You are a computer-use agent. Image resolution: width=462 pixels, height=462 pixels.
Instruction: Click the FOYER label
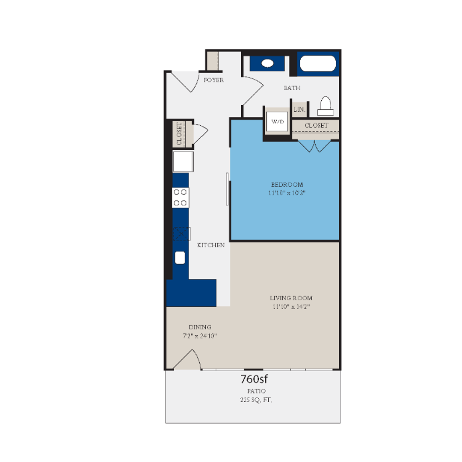point(213,80)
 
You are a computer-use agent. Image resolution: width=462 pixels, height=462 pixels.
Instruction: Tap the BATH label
point(292,88)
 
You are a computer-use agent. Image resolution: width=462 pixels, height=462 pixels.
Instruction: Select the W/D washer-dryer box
point(277,122)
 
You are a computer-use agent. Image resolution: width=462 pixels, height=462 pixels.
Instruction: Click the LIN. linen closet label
point(299,110)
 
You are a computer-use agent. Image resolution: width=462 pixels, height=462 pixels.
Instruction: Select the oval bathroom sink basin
point(268,63)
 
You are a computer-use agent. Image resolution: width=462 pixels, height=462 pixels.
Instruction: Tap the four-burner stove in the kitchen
point(181,198)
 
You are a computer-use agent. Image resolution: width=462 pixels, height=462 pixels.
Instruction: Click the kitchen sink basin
point(180,258)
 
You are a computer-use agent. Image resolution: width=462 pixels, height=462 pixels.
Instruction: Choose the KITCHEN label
point(210,246)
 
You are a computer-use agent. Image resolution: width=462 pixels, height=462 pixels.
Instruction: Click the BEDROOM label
point(287,184)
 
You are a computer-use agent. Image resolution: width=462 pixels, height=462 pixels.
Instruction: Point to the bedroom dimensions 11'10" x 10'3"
point(287,193)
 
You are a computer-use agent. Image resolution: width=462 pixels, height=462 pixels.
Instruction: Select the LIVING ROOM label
point(291,298)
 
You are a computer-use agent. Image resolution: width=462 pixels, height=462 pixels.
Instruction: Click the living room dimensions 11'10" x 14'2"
point(291,306)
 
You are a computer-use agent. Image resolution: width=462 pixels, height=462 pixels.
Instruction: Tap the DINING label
point(200,327)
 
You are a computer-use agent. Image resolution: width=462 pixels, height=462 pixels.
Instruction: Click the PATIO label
point(256,391)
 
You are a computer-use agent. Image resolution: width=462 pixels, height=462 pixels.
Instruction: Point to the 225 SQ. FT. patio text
point(256,400)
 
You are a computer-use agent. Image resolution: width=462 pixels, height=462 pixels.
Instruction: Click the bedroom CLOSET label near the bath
point(316,125)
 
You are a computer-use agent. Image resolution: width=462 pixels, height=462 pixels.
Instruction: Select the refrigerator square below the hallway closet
point(183,161)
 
